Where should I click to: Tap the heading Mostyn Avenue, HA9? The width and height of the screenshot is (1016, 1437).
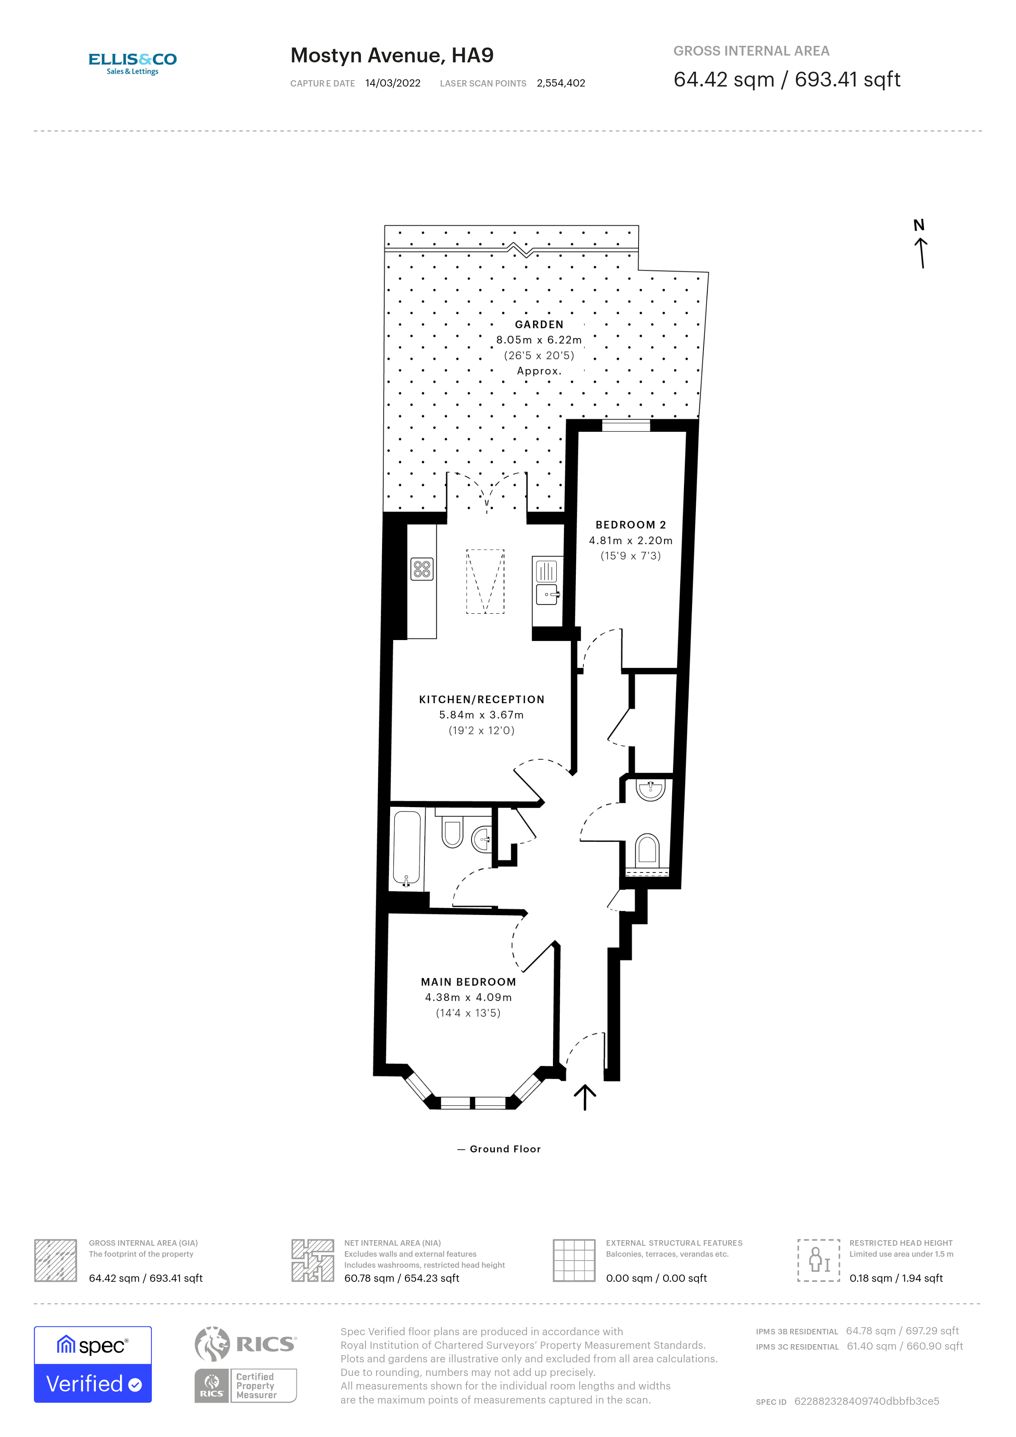pos(392,56)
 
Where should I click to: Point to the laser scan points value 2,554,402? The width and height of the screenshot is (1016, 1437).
pos(561,83)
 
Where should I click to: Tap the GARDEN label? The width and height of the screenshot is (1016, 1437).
pos(539,324)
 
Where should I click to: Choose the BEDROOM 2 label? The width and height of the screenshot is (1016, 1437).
pos(630,525)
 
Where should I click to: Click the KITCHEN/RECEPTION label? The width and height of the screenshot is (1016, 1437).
pos(481,699)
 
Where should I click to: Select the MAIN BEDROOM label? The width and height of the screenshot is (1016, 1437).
pos(468,982)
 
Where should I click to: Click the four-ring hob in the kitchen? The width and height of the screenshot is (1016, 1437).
pos(421,569)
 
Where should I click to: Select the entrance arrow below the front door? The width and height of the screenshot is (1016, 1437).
pos(585,1097)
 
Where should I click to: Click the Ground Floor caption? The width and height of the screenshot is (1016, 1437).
pos(505,1149)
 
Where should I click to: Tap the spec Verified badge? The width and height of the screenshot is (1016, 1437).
pos(92,1364)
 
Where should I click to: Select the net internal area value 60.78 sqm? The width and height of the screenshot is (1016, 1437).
pos(401,1278)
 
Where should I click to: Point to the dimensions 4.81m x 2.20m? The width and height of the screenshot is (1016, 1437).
pos(630,540)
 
